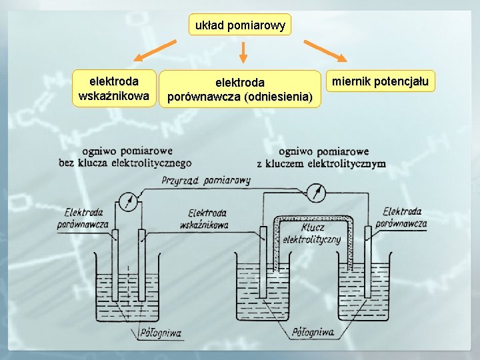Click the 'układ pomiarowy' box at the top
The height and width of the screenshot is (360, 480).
[240, 26]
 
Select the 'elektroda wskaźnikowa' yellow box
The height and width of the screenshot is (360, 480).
[114, 89]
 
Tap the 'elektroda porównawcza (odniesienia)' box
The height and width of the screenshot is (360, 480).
[239, 89]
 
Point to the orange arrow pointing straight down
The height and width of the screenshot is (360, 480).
[243, 53]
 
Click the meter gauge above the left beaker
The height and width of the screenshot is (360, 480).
[128, 201]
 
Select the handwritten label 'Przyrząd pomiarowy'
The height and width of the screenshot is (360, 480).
[211, 180]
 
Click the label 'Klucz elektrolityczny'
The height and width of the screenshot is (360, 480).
[312, 233]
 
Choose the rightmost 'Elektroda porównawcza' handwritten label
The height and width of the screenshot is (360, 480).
[401, 218]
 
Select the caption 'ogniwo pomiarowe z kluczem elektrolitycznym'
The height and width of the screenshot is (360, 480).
[321, 157]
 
